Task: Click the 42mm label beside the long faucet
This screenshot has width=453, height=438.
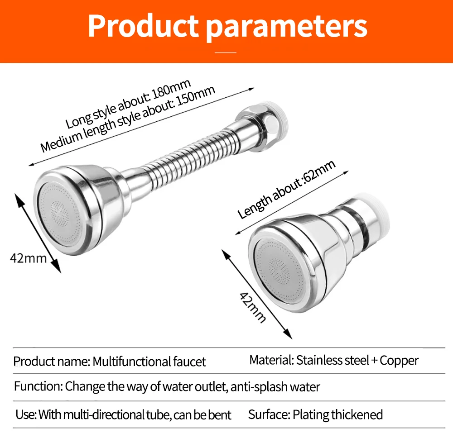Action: tap(28, 258)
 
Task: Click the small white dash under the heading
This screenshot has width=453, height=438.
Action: tap(226, 53)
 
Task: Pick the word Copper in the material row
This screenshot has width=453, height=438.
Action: tap(399, 360)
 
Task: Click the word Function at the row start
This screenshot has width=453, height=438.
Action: tap(38, 387)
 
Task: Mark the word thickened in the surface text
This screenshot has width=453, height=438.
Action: tap(357, 414)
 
